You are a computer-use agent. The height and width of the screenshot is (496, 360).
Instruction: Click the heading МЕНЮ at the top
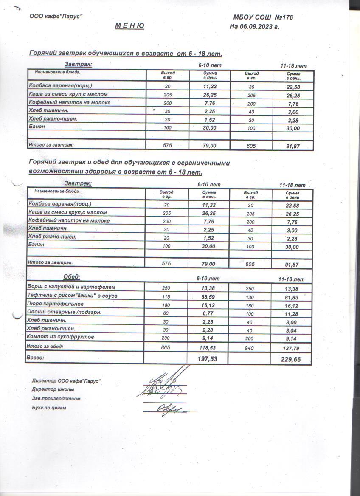click(129, 26)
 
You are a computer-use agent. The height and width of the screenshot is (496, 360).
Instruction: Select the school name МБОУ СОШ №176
click(263, 17)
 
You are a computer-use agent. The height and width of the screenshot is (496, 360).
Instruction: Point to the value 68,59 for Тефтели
click(208, 296)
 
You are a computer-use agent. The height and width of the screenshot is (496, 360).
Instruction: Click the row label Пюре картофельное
click(55, 304)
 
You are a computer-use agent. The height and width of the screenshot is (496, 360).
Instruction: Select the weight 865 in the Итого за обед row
click(166, 347)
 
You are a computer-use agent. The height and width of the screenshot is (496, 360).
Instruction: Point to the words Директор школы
click(53, 389)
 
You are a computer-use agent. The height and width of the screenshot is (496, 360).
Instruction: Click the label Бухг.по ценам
click(49, 408)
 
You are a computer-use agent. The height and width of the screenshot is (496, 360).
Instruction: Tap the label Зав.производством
click(56, 399)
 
